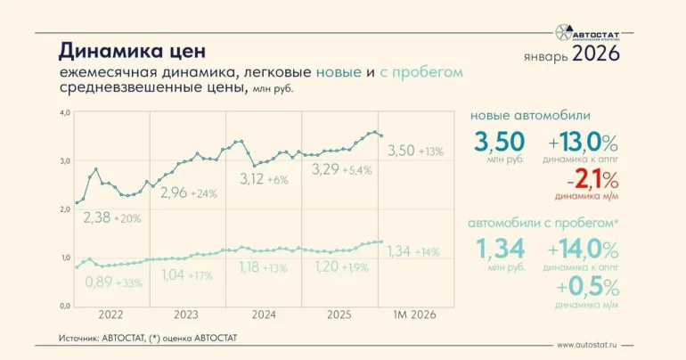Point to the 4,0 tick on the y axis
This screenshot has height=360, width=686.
tap(64, 113)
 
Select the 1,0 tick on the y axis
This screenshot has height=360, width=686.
tap(64, 258)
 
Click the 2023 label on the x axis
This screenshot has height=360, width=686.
tap(185, 315)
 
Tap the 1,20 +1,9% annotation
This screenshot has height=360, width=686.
tap(343, 266)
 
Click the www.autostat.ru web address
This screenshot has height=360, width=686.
tap(588, 345)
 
